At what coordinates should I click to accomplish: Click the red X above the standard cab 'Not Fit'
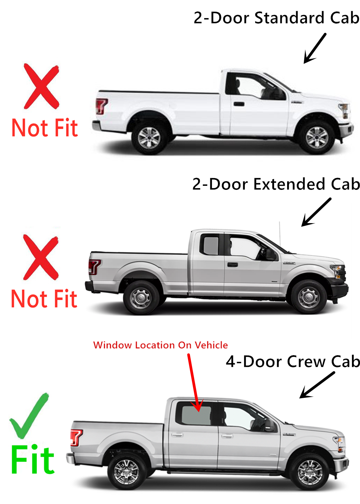pyautogui.click(x=41, y=86)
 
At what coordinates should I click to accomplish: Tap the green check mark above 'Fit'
pyautogui.click(x=29, y=417)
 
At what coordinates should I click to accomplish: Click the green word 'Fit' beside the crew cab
pyautogui.click(x=33, y=460)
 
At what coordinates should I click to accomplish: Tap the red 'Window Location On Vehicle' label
pyautogui.click(x=161, y=345)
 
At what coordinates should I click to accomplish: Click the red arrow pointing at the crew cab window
pyautogui.click(x=194, y=383)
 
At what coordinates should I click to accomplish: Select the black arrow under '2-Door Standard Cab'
pyautogui.click(x=314, y=48)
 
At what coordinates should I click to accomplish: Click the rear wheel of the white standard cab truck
pyautogui.click(x=149, y=138)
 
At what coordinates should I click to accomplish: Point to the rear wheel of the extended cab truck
pyautogui.click(x=140, y=298)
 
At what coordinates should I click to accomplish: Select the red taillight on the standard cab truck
pyautogui.click(x=101, y=106)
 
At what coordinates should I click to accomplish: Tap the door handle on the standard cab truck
pyautogui.click(x=239, y=104)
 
